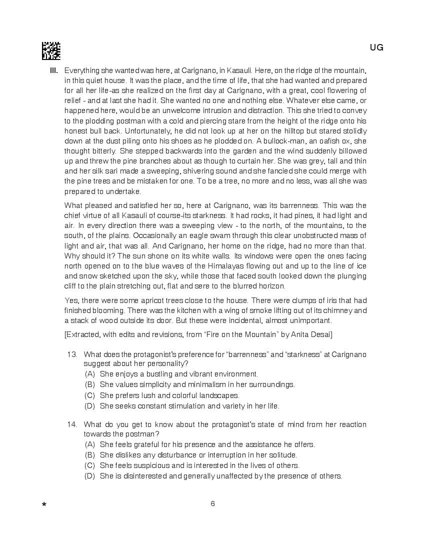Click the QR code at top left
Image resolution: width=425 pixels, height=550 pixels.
click(x=51, y=50)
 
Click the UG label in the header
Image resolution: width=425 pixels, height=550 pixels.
click(x=376, y=47)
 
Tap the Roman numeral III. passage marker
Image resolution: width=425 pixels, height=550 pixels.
click(x=54, y=70)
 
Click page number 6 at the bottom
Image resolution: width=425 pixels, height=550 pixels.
click(x=212, y=503)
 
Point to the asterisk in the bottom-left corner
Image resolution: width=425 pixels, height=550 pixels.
click(x=44, y=505)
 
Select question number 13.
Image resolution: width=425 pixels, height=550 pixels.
click(x=72, y=354)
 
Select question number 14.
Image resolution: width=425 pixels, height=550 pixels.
click(x=72, y=424)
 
